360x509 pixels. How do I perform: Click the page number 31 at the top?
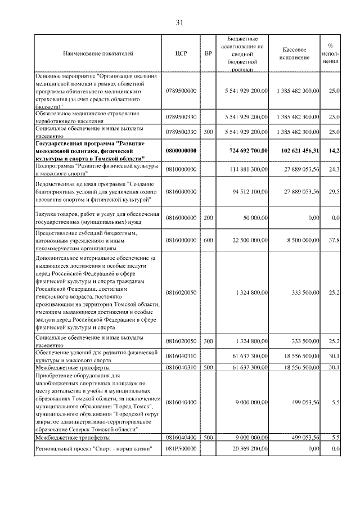click(180, 22)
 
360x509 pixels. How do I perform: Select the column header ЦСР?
click(181, 54)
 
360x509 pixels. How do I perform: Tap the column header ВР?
click(209, 54)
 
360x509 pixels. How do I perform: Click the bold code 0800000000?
click(181, 151)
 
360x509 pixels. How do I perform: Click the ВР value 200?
click(209, 217)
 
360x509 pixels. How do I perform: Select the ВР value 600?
click(209, 240)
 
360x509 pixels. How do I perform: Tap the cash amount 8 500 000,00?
click(301, 240)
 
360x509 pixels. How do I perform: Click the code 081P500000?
click(181, 449)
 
